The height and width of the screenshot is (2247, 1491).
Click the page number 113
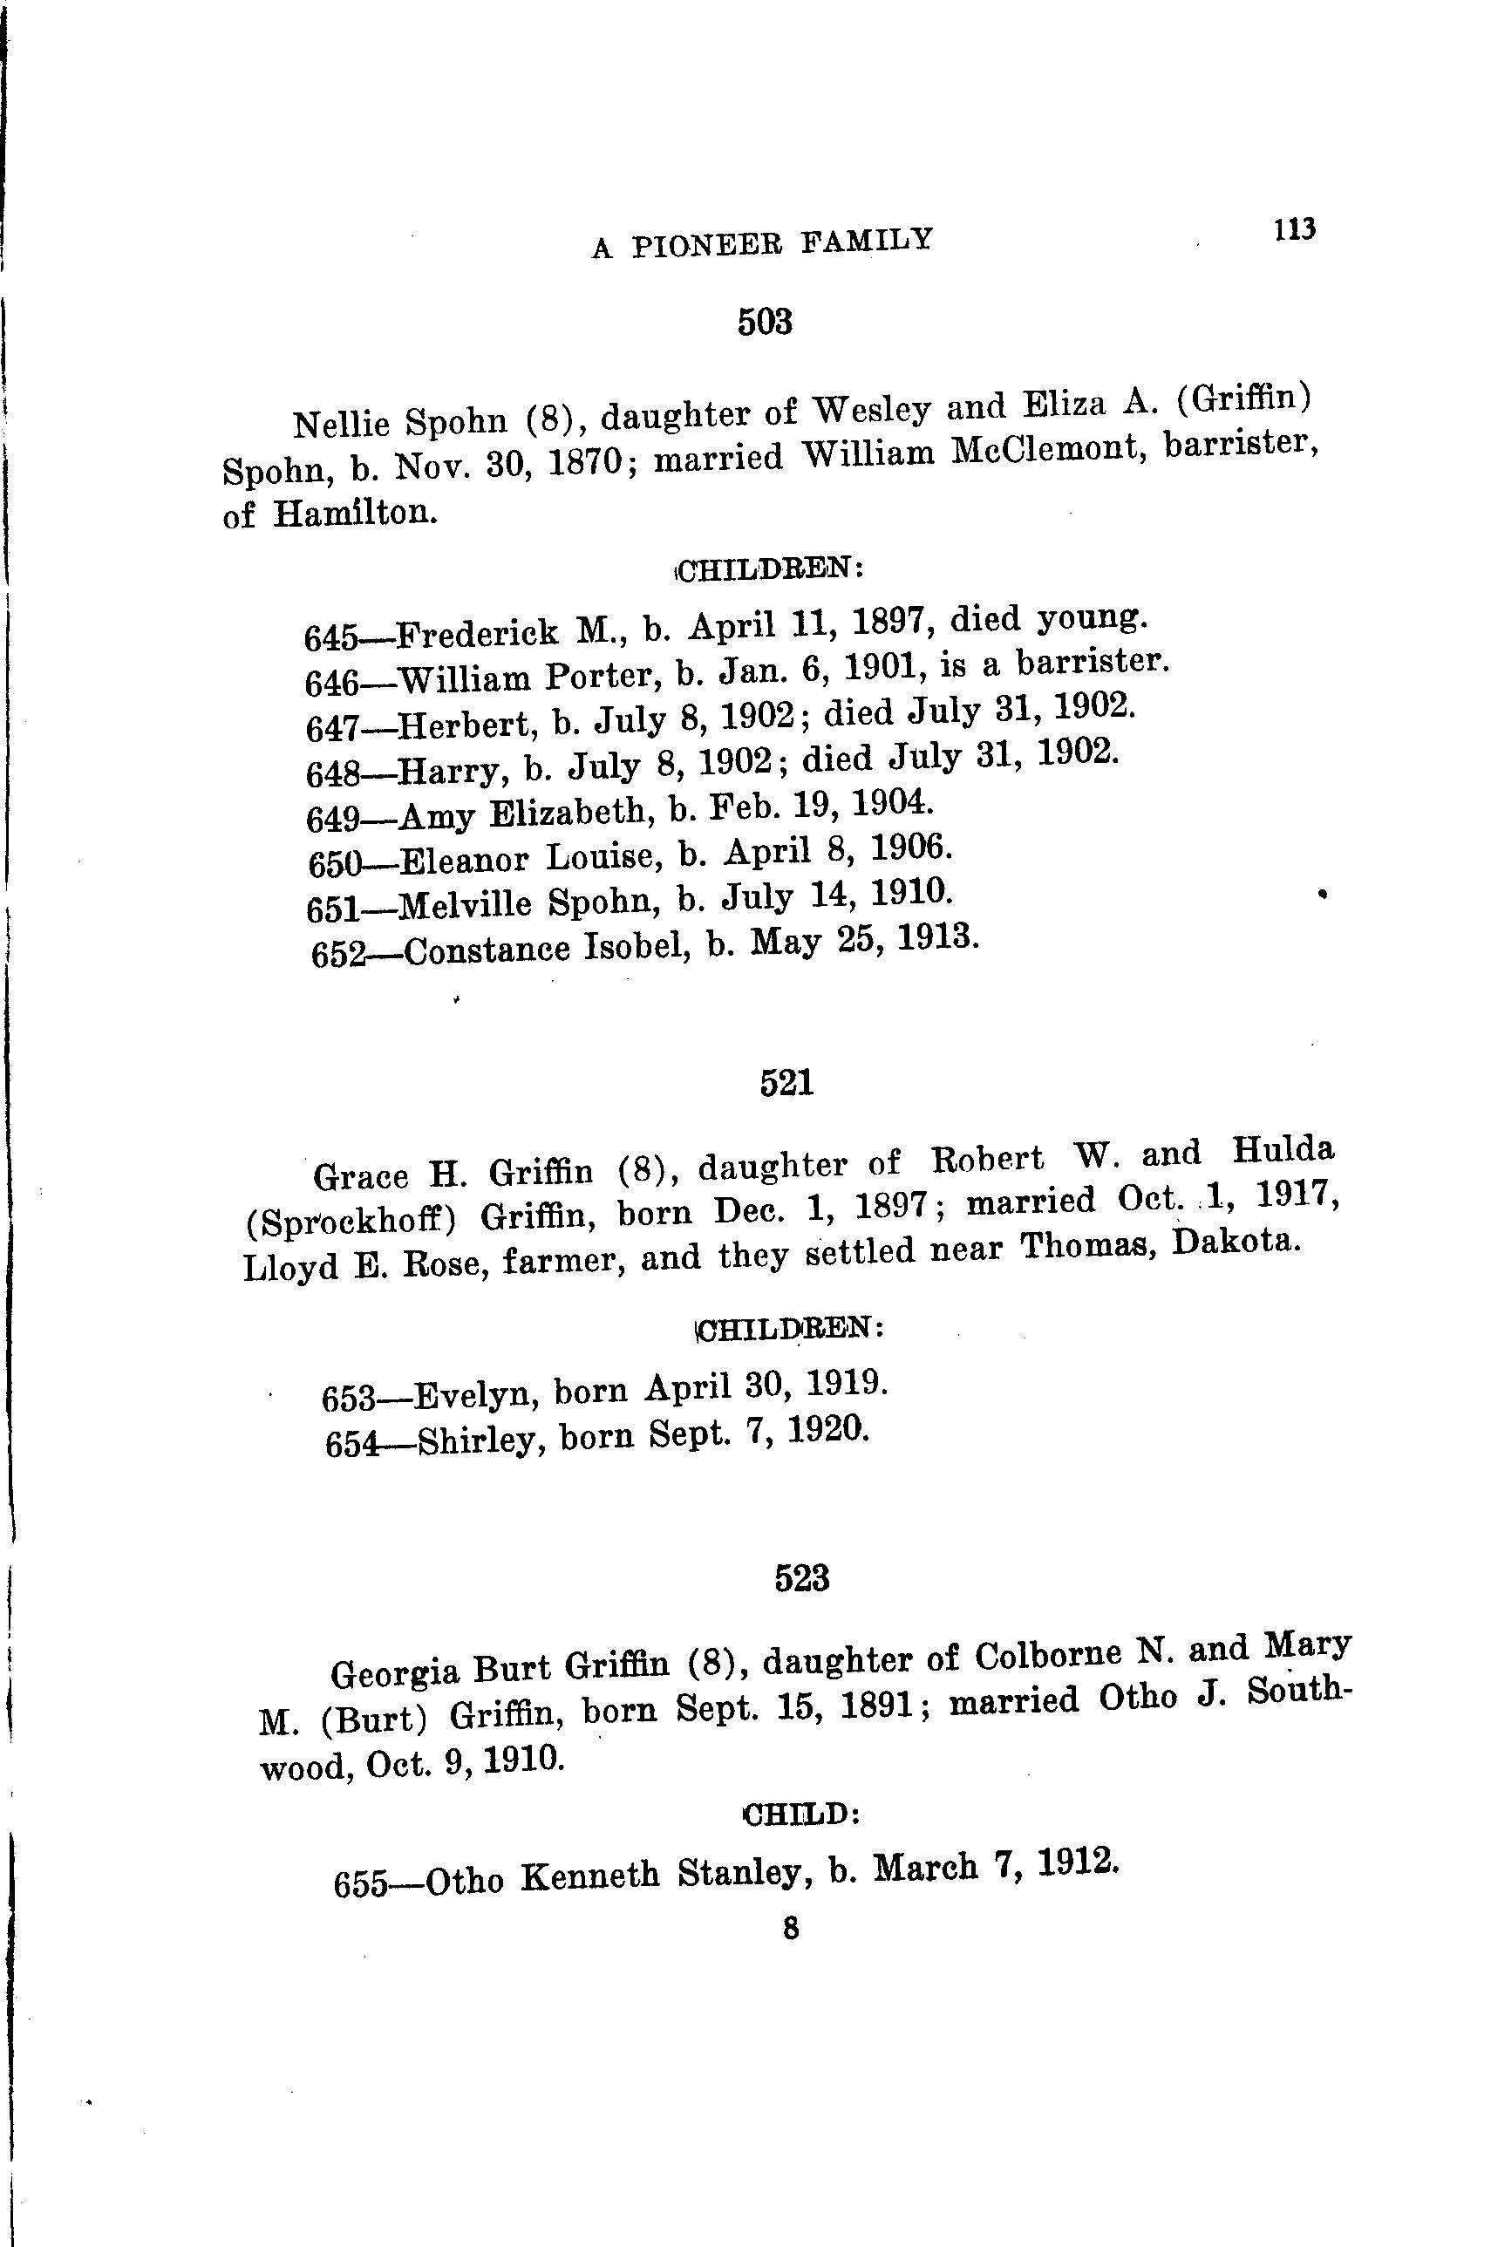click(x=1294, y=231)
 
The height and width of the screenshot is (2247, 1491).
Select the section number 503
click(x=765, y=323)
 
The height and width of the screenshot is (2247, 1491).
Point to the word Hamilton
click(x=356, y=514)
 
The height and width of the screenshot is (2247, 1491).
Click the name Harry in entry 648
click(x=448, y=768)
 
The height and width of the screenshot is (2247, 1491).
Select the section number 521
click(x=786, y=1083)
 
